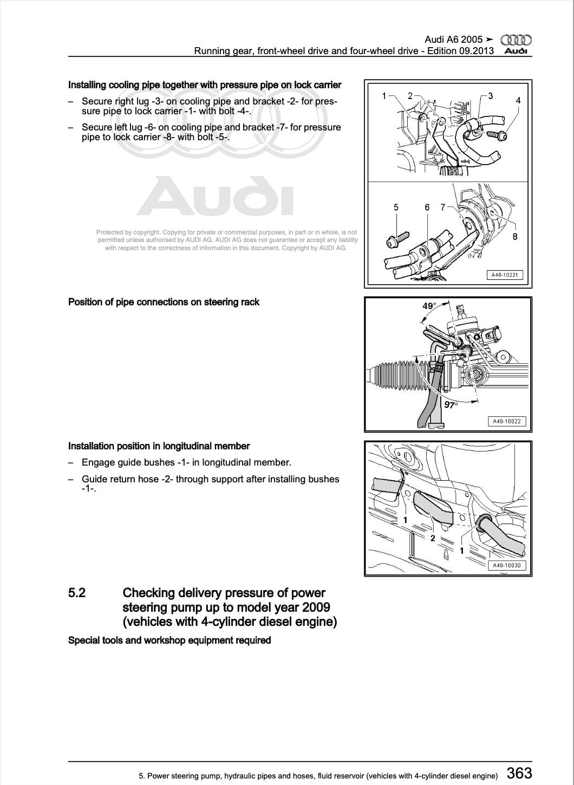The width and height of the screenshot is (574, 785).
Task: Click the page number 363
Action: coord(519,773)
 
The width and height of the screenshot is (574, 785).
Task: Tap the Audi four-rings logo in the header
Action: coord(516,40)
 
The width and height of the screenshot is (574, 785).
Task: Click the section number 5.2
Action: coord(77,593)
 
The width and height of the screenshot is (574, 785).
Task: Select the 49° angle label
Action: coord(428,306)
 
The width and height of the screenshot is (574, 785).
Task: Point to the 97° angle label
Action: coord(451,405)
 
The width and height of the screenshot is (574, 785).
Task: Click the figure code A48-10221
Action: coord(504,275)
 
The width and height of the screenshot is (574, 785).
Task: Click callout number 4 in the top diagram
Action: coord(518,101)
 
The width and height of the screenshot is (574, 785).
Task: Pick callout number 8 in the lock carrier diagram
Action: coord(515,237)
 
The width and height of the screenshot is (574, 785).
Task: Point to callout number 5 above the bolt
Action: coord(396,207)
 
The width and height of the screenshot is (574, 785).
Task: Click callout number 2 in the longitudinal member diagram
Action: coord(433,538)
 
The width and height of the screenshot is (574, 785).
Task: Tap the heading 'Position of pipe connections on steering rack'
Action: coord(164,302)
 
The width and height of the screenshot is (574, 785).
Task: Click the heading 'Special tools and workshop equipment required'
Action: coord(169,640)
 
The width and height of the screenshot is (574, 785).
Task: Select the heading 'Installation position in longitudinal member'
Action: coord(159,446)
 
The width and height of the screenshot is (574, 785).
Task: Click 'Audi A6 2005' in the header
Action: coord(453,40)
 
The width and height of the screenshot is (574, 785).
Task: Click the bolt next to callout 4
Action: coord(497,135)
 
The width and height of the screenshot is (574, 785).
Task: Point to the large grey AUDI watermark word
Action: coord(215,196)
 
